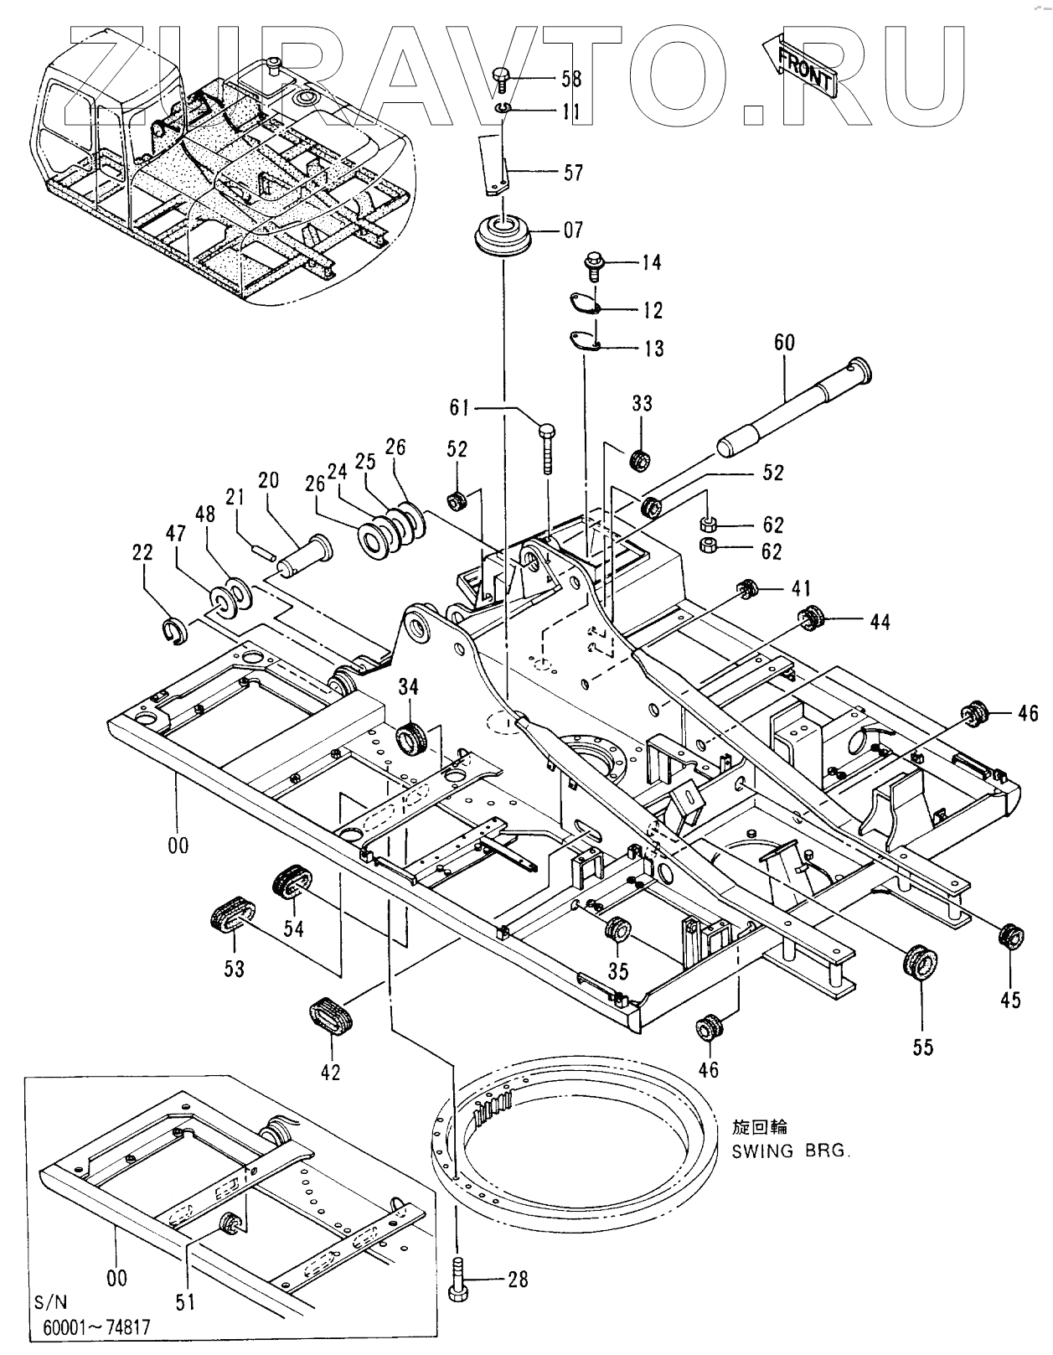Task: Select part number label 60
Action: pos(784,343)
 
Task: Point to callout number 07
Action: pos(573,230)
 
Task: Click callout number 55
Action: pos(923,1047)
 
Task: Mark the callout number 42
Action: pos(331,1071)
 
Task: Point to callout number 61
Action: pos(459,408)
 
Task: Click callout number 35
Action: pos(618,971)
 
